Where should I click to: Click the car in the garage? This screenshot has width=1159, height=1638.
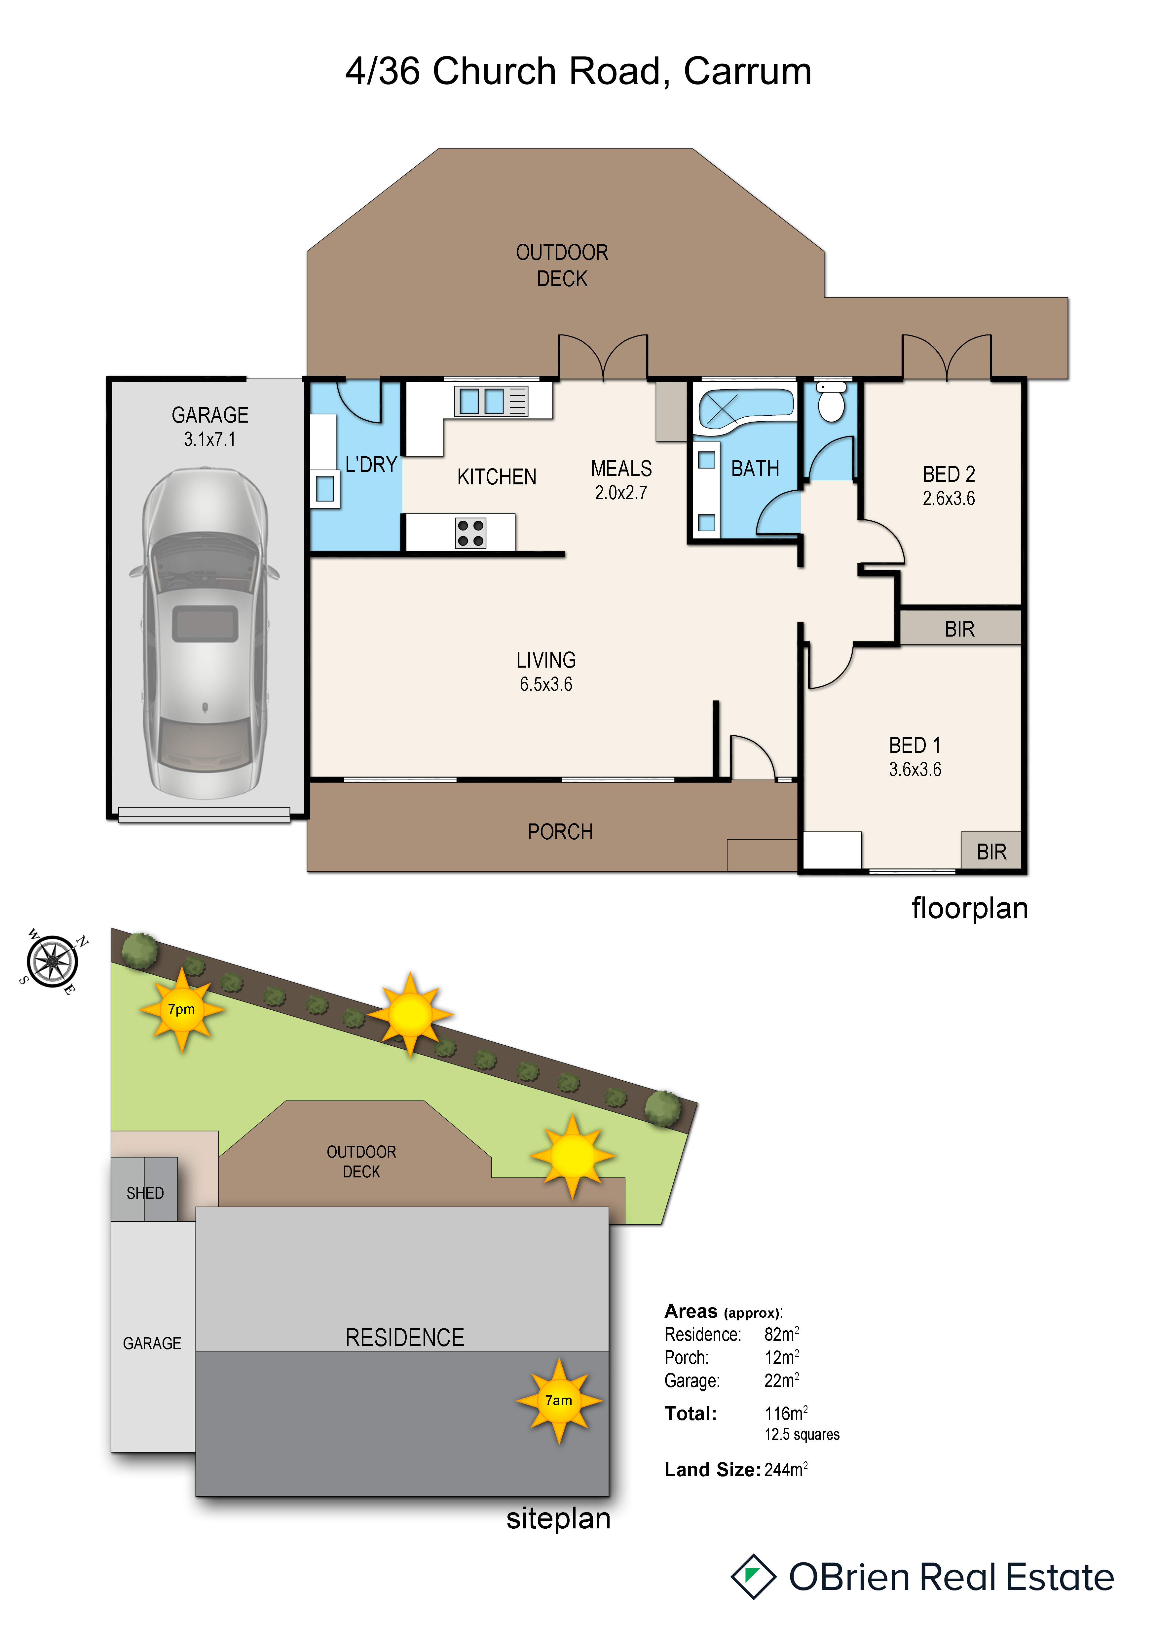pos(205,633)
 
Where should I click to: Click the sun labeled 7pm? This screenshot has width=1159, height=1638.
pos(181,1009)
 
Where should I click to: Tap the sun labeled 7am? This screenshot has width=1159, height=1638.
pos(559,1400)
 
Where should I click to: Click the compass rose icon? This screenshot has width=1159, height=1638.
pos(52,961)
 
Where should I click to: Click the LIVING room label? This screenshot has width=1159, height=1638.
pos(546,660)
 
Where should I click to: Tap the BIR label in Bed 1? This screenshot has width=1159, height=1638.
pos(991,852)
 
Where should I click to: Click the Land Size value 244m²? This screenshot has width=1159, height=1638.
pos(786,1470)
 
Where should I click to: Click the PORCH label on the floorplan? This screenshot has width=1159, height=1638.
pos(560,832)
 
